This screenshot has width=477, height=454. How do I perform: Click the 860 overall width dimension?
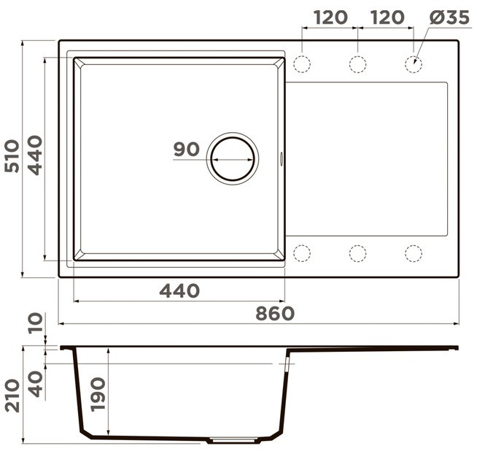point(275,313)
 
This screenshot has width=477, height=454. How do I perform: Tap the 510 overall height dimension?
point(12,156)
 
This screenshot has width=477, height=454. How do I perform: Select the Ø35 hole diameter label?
point(449,18)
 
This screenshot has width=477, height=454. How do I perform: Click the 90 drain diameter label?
point(187,149)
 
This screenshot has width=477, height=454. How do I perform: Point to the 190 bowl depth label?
point(98,395)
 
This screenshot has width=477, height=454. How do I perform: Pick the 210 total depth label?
point(12,396)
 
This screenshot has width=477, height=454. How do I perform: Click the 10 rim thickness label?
point(36,323)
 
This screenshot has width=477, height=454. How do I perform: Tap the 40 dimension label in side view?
point(36,384)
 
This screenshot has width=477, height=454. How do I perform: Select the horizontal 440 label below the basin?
point(179,291)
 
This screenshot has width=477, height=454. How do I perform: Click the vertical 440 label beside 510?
point(35,155)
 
